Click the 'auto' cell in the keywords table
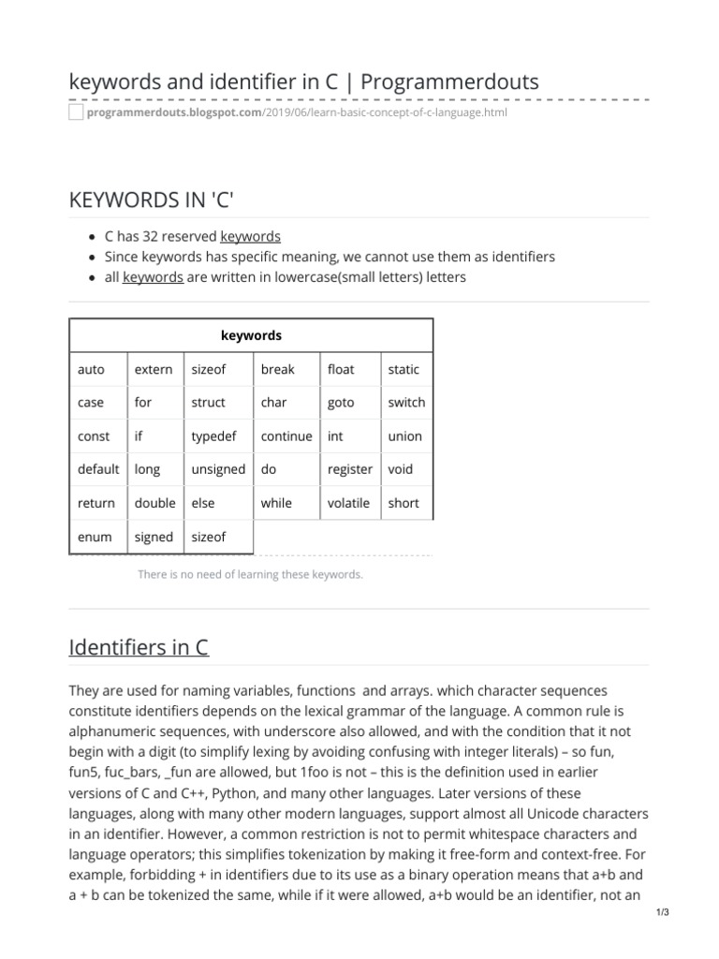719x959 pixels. tap(91, 369)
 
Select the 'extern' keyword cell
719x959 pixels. tap(154, 369)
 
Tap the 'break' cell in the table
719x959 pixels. tap(277, 369)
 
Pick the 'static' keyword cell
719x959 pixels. tap(404, 369)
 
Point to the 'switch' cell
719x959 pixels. tap(406, 403)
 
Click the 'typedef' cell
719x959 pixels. tap(215, 436)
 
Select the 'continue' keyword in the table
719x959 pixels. tap(286, 436)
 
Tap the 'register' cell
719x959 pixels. tap(349, 469)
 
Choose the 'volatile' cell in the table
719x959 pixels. tap(348, 503)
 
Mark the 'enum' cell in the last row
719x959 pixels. tap(95, 537)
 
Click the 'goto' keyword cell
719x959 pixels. tap(341, 403)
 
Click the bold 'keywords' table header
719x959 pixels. tap(251, 335)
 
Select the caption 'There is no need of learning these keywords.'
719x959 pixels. tap(250, 574)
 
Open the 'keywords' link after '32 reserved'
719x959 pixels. tap(250, 236)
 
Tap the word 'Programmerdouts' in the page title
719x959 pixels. tap(449, 81)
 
